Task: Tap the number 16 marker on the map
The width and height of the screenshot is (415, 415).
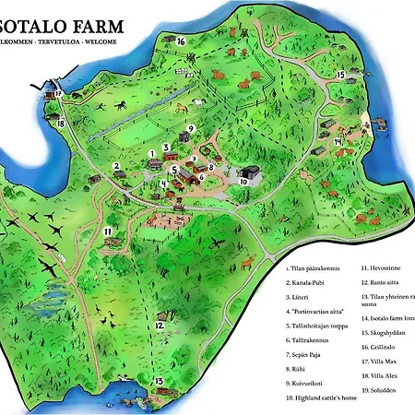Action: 181,41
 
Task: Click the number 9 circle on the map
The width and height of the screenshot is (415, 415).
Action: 190,128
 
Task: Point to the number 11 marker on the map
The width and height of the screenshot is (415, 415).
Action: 108,231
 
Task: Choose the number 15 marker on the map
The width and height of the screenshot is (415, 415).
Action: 340,75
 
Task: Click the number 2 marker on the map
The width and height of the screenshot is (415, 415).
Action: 117,167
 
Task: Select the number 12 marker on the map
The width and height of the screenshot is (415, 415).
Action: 160,325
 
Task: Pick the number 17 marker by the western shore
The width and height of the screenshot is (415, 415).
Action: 57,93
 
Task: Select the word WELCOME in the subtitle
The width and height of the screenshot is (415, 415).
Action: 101,42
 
